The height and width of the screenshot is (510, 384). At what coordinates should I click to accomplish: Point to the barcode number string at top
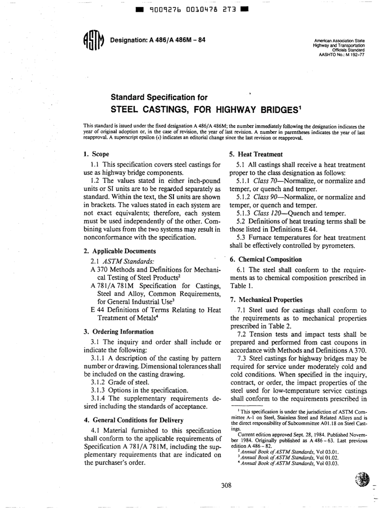[x=192, y=9]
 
